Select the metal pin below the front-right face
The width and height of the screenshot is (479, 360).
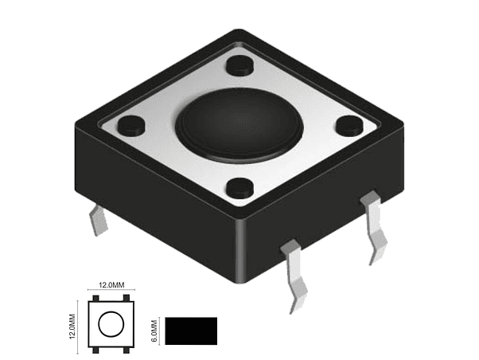pyautogui.click(x=296, y=275)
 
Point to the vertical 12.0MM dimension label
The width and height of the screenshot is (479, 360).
pyautogui.click(x=72, y=324)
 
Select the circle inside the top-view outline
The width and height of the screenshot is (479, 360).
pyautogui.click(x=111, y=324)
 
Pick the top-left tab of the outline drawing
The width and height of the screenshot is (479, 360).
pyautogui.click(x=95, y=299)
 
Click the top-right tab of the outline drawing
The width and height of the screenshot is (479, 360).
pyautogui.click(x=127, y=299)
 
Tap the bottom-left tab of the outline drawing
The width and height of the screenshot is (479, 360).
pyautogui.click(x=95, y=350)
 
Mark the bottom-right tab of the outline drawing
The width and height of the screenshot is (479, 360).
pyautogui.click(x=127, y=350)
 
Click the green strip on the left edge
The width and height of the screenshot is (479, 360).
pyautogui.click(x=29, y=180)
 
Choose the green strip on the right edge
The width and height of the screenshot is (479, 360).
pyautogui.click(x=449, y=180)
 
